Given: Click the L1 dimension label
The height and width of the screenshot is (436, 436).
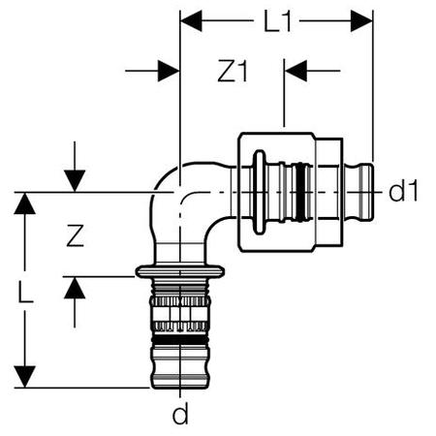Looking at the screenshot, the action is point(278,21).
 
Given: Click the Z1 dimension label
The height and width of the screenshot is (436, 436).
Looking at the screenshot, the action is point(233,71).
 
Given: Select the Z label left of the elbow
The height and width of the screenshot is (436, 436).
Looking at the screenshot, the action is point(76,235).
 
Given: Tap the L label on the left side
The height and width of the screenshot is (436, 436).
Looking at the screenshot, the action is point(25,293).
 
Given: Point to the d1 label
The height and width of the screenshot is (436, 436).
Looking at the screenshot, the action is point(403,191).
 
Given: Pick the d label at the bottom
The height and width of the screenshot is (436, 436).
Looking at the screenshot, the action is point(180,415).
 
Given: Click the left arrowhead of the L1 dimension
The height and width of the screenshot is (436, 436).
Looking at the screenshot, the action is point(191,21).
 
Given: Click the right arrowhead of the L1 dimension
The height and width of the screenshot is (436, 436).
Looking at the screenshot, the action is point(361,21).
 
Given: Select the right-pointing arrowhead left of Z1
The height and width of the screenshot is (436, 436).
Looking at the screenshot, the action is point(169,71).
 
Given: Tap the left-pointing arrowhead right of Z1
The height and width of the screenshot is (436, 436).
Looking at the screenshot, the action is point(296,71).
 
